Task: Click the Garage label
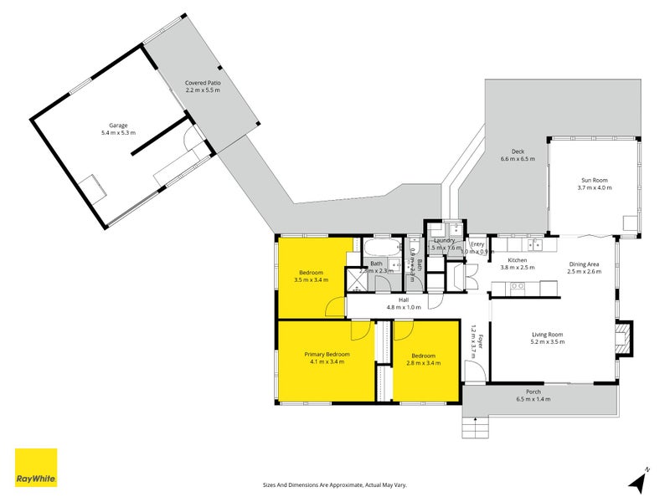(x=117, y=125)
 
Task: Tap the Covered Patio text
(x=203, y=83)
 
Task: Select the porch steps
(x=474, y=428)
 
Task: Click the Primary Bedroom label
(x=327, y=355)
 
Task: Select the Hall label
(x=404, y=300)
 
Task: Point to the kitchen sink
(x=534, y=246)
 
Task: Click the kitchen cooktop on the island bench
(x=518, y=286)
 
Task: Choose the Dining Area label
(x=584, y=264)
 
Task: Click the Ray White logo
(x=36, y=468)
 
